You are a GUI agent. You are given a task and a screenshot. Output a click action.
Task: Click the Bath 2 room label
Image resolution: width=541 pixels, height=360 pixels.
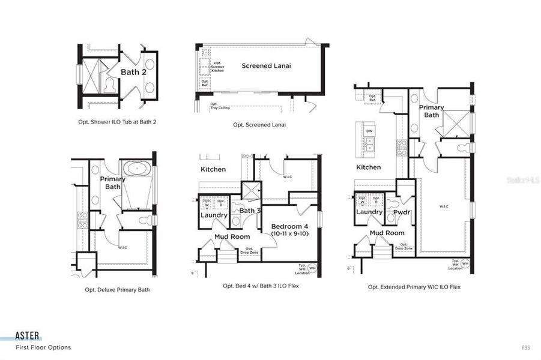point(133,72)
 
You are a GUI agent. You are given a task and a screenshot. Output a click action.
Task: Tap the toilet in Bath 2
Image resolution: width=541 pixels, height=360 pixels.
point(109,85)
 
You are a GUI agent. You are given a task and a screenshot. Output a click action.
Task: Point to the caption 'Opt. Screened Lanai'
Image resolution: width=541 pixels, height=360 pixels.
point(259,125)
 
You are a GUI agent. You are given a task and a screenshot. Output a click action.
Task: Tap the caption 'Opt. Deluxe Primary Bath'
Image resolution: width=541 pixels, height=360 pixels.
point(117,290)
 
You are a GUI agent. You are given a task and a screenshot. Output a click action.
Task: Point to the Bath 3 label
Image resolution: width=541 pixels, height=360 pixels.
point(249,211)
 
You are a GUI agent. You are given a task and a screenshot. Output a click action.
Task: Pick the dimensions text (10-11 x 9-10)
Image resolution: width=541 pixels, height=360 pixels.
point(289,233)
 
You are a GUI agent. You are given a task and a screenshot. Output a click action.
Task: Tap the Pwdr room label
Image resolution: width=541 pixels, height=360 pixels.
point(401,212)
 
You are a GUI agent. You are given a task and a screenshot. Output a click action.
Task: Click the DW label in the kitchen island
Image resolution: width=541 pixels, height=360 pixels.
point(369,130)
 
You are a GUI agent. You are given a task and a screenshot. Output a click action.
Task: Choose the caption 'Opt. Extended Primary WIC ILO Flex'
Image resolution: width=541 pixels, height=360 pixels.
point(414,287)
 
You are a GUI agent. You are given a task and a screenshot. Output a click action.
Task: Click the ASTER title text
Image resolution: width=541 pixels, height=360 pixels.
point(28,337)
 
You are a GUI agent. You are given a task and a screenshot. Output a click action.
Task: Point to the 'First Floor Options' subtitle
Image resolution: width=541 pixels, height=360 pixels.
point(43,347)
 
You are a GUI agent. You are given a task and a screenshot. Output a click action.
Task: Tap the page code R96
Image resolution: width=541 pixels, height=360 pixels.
point(526,347)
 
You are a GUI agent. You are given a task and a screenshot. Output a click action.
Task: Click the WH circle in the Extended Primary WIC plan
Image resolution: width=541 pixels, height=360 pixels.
point(465,264)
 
